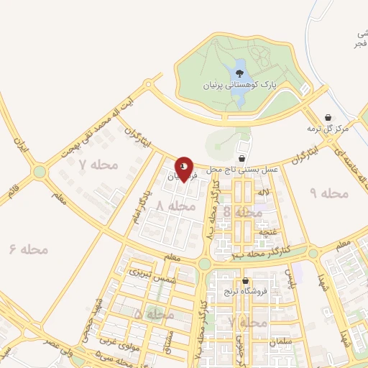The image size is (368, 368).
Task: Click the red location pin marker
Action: [x=185, y=169]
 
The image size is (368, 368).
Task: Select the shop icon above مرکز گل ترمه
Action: [x=328, y=117]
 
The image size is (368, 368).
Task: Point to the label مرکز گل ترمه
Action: [x=328, y=128]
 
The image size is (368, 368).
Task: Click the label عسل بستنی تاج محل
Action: [x=238, y=168]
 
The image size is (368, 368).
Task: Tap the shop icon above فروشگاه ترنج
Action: [x=246, y=281]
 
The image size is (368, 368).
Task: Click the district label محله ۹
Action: [x=328, y=193]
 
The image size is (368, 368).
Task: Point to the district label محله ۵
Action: [x=148, y=315]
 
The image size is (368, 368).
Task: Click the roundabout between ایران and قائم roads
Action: [x=39, y=171]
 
